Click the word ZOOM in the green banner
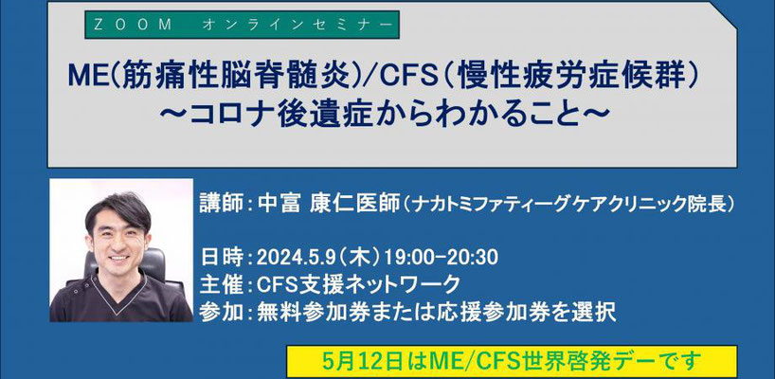(x=132, y=26)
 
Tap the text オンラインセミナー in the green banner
(x=297, y=26)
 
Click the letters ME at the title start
(x=84, y=78)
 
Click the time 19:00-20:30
(x=441, y=257)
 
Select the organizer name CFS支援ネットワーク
(x=359, y=284)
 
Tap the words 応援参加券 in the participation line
(x=495, y=312)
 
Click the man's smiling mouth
(x=118, y=259)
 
